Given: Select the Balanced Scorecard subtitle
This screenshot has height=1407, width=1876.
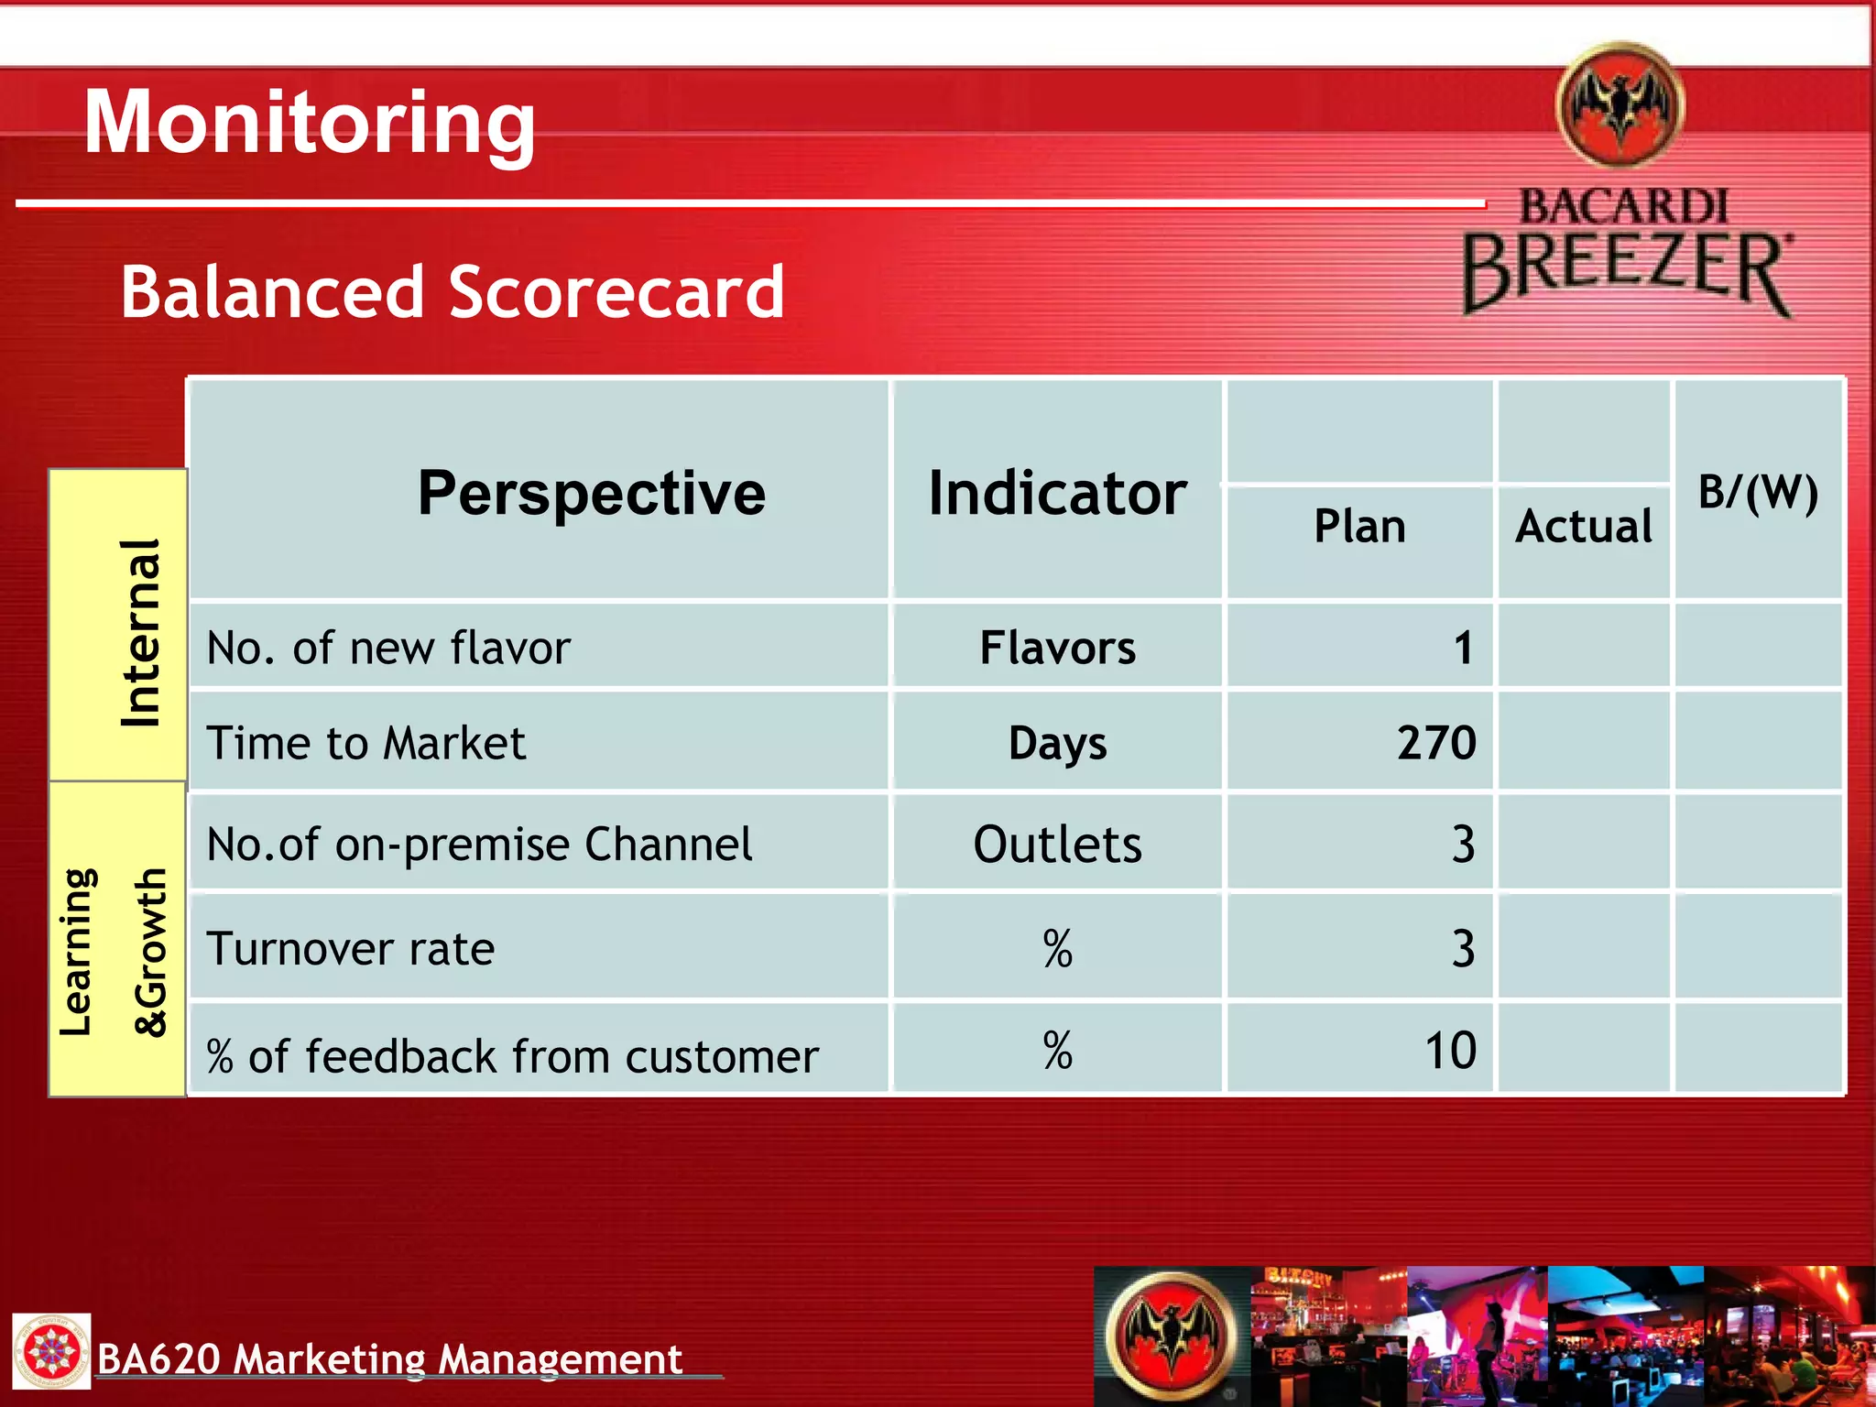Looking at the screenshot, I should click(453, 292).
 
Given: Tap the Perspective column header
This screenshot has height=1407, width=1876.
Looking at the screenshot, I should click(591, 493).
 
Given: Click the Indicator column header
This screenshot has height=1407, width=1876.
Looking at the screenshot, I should click(1057, 493).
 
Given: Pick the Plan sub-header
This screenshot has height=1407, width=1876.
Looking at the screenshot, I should click(1359, 527).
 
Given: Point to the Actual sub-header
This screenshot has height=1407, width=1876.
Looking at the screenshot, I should click(1584, 527).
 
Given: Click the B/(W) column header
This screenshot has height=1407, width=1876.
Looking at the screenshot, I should click(1758, 493).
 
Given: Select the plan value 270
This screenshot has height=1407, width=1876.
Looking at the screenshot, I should click(1435, 742).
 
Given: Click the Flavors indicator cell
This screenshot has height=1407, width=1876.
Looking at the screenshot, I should click(1057, 648).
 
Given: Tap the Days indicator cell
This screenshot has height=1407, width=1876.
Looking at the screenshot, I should click(1057, 743).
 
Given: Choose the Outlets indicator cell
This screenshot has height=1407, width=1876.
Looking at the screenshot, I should click(1057, 844).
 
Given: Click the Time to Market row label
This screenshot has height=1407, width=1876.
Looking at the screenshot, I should click(366, 743).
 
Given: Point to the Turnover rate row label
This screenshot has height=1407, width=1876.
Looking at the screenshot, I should click(351, 948).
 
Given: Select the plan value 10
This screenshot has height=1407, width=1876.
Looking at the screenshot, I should click(1450, 1050).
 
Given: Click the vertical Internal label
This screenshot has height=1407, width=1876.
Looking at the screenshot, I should click(141, 633).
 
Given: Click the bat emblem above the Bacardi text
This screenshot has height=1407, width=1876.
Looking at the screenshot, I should click(1620, 105).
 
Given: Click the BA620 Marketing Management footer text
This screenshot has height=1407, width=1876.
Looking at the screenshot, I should click(389, 1358).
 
